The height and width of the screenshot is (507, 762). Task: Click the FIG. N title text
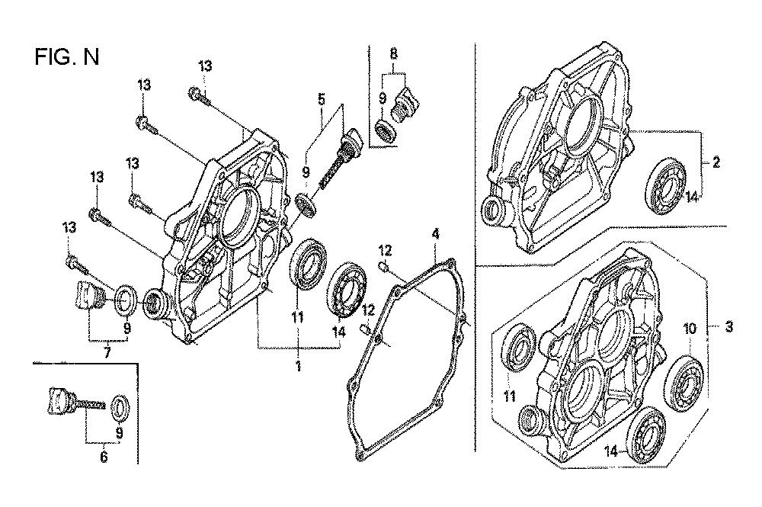[x=66, y=57]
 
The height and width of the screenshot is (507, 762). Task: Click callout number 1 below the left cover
[x=298, y=366]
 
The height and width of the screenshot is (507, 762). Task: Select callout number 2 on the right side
[x=716, y=162]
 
